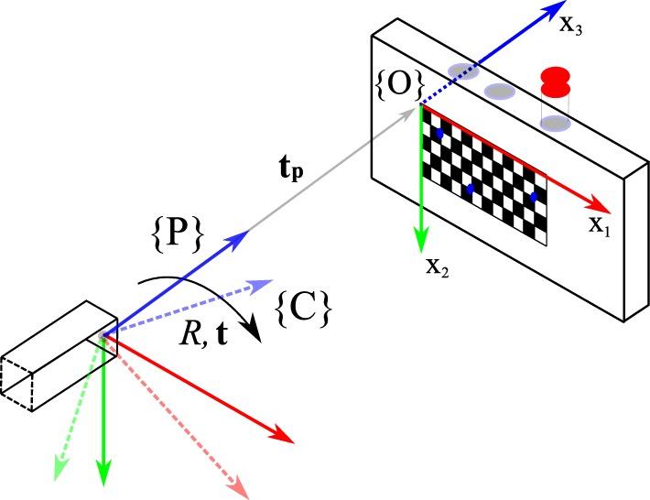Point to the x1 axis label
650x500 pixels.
point(599,225)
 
